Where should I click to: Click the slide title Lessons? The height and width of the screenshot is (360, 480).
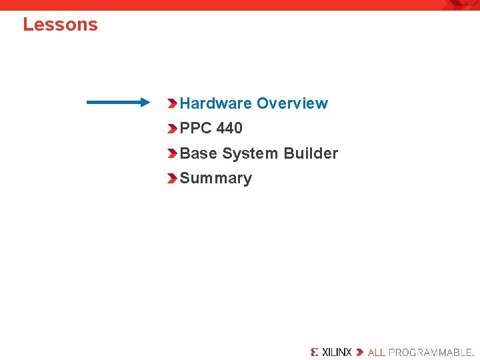60,25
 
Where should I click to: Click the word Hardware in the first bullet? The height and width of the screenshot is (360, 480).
216,103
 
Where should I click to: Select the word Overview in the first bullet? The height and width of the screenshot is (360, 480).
292,103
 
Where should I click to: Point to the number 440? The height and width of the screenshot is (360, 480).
229,128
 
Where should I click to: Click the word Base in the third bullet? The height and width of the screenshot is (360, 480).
199,153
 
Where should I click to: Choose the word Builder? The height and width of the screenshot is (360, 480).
311,153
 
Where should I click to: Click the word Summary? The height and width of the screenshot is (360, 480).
216,179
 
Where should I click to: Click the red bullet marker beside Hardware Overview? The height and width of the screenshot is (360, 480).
173,103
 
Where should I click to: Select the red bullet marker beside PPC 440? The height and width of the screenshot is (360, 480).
173,128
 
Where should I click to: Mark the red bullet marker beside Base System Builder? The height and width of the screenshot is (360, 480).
173,153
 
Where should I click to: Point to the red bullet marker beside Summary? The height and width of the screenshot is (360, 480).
173,179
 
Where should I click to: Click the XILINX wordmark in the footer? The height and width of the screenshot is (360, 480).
337,352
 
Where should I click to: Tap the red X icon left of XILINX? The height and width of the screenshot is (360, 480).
315,352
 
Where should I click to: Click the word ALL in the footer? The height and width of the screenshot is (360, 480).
377,352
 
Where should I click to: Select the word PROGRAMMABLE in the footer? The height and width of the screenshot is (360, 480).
430,352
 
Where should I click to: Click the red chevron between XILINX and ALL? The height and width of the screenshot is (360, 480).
360,352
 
